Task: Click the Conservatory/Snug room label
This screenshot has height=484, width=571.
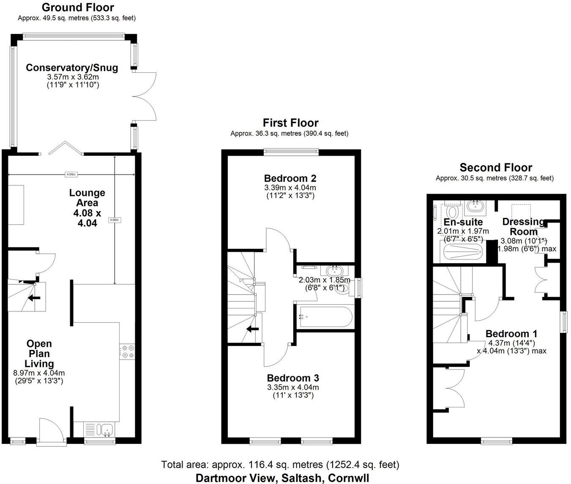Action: [x=72, y=68]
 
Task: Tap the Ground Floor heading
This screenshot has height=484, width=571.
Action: [x=78, y=7]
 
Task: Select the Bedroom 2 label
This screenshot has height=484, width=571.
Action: [x=290, y=178]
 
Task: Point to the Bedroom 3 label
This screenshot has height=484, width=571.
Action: [x=293, y=378]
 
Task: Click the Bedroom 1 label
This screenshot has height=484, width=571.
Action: [x=511, y=333]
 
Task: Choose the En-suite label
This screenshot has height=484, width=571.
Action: [x=463, y=222]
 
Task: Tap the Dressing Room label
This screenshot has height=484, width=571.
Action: [x=523, y=226]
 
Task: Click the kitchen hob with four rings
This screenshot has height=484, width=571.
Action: [x=127, y=352]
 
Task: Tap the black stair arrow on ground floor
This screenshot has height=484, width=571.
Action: [x=34, y=297]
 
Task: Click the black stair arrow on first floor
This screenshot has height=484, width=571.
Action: [x=253, y=329]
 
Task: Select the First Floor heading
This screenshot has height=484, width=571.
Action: [x=290, y=123]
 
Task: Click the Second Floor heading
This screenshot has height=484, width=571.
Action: [x=496, y=168]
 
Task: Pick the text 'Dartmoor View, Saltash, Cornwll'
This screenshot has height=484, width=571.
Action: [x=282, y=478]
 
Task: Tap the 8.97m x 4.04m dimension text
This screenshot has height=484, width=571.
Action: [x=39, y=373]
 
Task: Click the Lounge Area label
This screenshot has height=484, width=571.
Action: [x=87, y=198]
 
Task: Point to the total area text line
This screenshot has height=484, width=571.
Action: [x=280, y=465]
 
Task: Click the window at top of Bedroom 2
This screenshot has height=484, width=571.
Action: [x=291, y=151]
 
